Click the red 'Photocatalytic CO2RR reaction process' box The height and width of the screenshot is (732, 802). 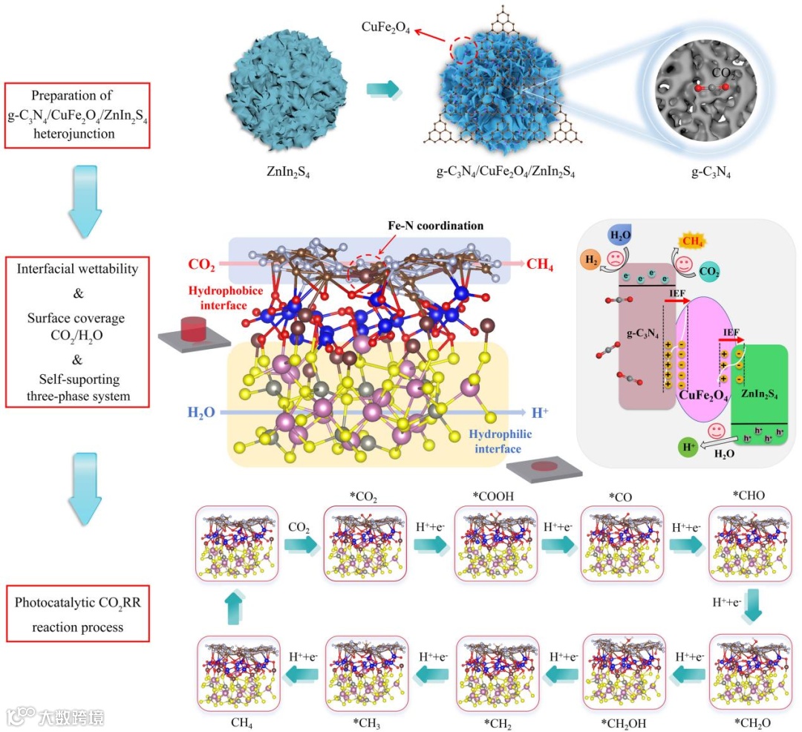(78, 614)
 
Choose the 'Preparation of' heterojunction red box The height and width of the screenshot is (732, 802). (77, 116)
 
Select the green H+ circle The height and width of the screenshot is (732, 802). (688, 448)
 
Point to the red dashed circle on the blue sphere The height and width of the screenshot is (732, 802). (463, 50)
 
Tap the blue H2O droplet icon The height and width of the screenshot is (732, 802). (619, 235)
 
